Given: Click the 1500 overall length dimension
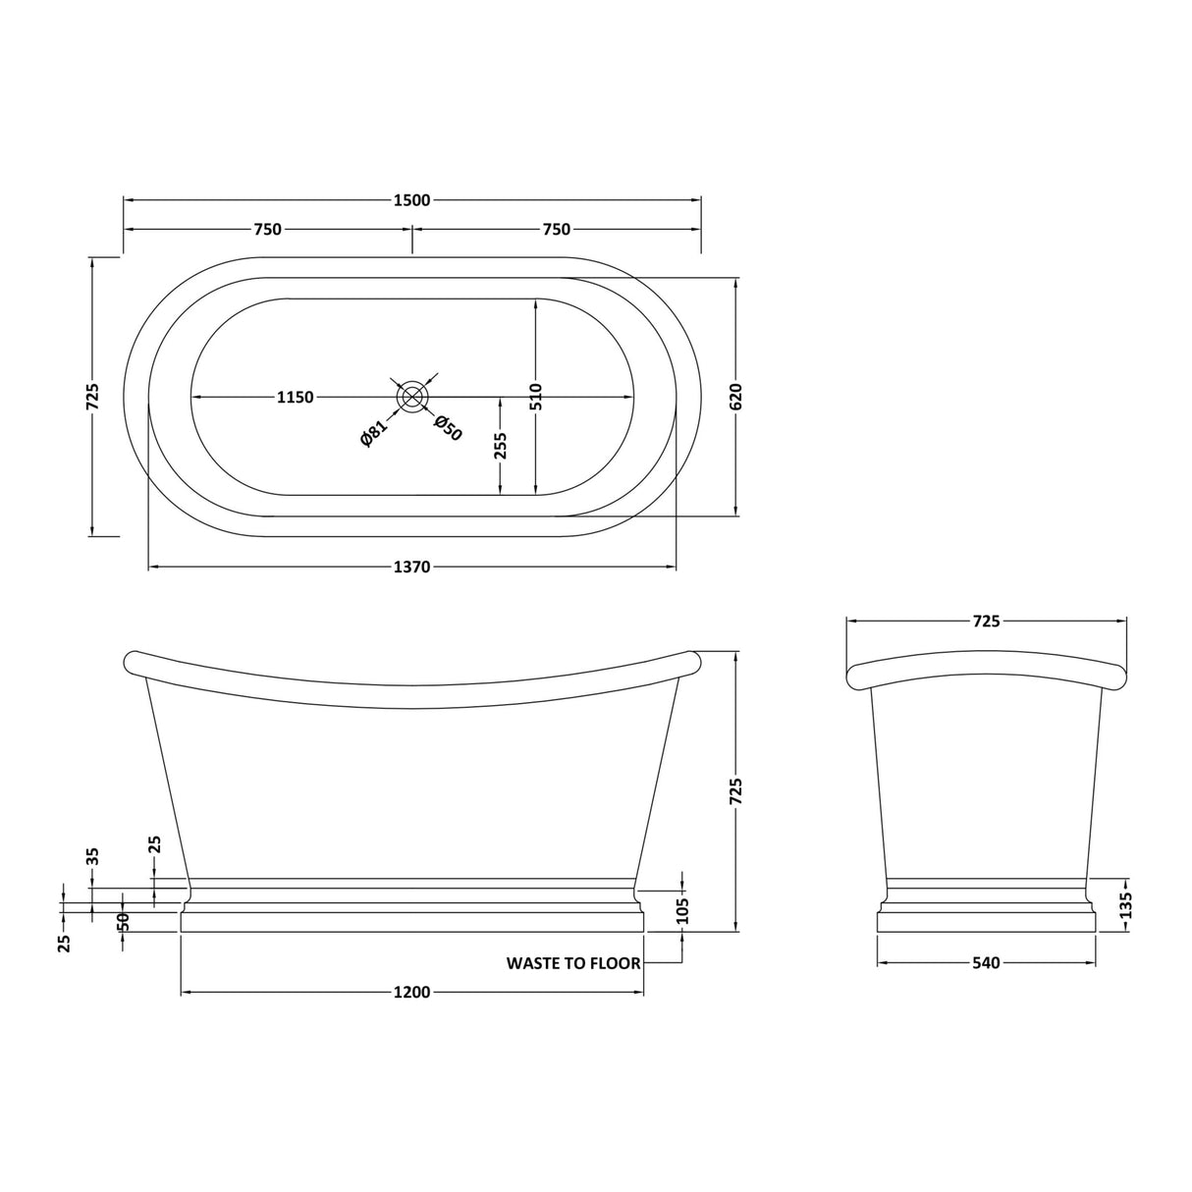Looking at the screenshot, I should pos(411,200).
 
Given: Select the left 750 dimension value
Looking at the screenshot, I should pos(267,230).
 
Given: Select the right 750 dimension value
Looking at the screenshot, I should pos(556,230).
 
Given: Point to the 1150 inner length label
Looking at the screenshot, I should pos(295,398).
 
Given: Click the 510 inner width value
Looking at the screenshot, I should pos(536,396).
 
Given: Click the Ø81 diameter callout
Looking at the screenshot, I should pos(374,432).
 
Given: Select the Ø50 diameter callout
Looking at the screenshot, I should pos(448,428).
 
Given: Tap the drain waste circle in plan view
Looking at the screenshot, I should pos(411,397).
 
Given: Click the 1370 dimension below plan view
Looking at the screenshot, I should pos(411,568).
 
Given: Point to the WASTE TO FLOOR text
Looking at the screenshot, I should pos(573,963).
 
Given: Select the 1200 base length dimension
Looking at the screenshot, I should pos(411,993).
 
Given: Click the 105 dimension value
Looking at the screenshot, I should pos(683,910).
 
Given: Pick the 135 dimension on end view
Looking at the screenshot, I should pos(1126,903).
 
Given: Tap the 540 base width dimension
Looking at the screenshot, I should pos(986,963).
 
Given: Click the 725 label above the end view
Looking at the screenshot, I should pos(986,622).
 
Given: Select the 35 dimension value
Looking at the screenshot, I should pos(93,855).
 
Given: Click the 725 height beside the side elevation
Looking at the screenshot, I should pos(737,791).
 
